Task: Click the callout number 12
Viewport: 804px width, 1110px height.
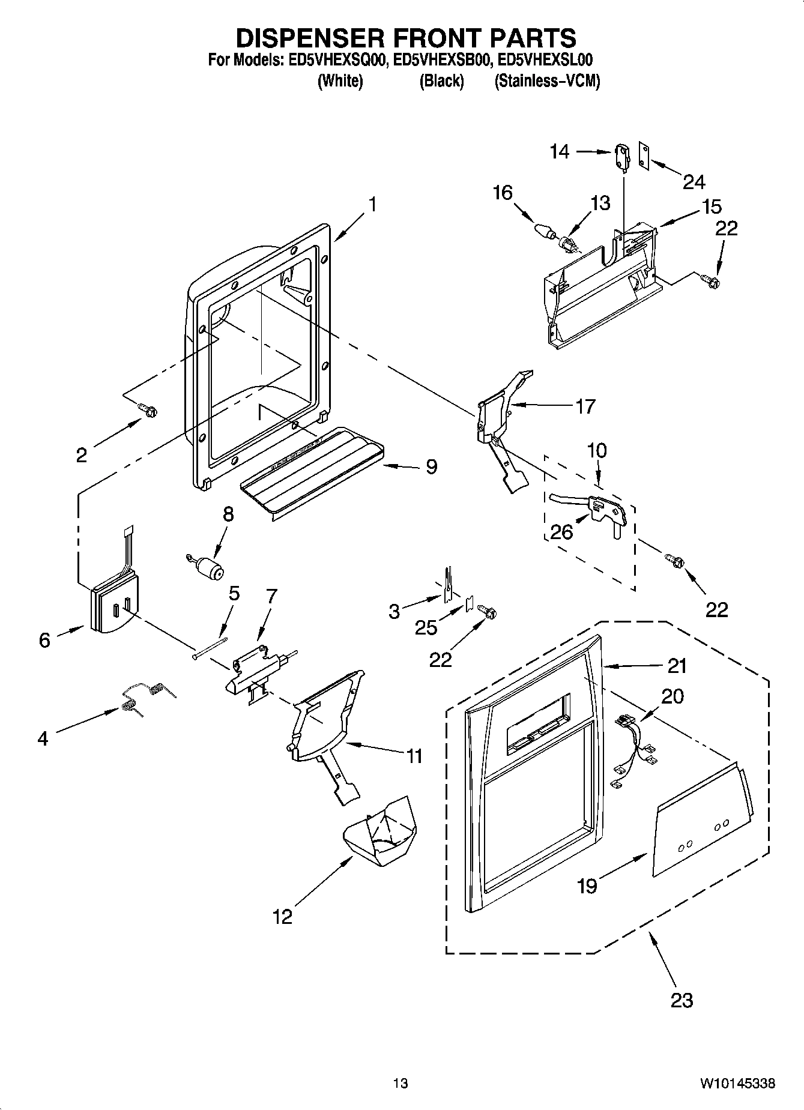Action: point(282,917)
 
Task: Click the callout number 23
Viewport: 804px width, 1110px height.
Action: point(682,1000)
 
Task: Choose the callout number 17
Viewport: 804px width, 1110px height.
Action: point(585,406)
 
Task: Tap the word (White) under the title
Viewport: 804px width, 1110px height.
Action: point(340,81)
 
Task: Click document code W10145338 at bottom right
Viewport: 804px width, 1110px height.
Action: point(737,1084)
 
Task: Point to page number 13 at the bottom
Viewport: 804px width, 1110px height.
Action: point(400,1084)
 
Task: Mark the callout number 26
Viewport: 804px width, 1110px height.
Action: point(562,532)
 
